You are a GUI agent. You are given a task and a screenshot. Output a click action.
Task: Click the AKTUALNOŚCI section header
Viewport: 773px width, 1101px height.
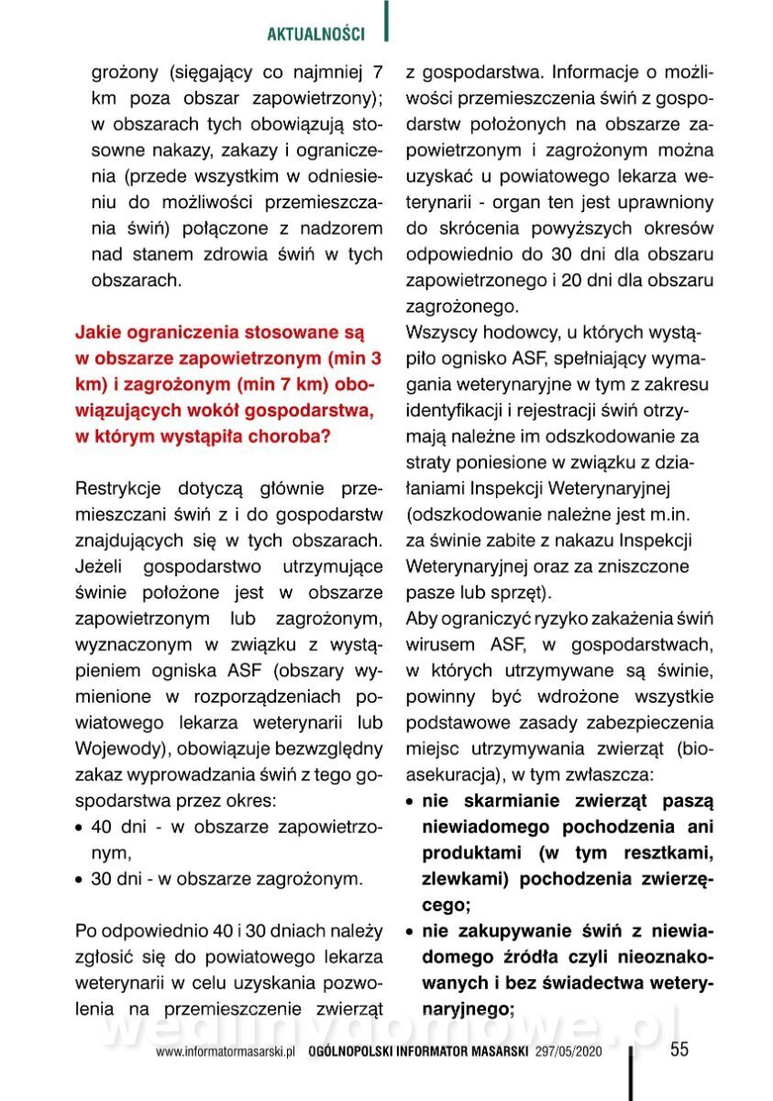315,35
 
